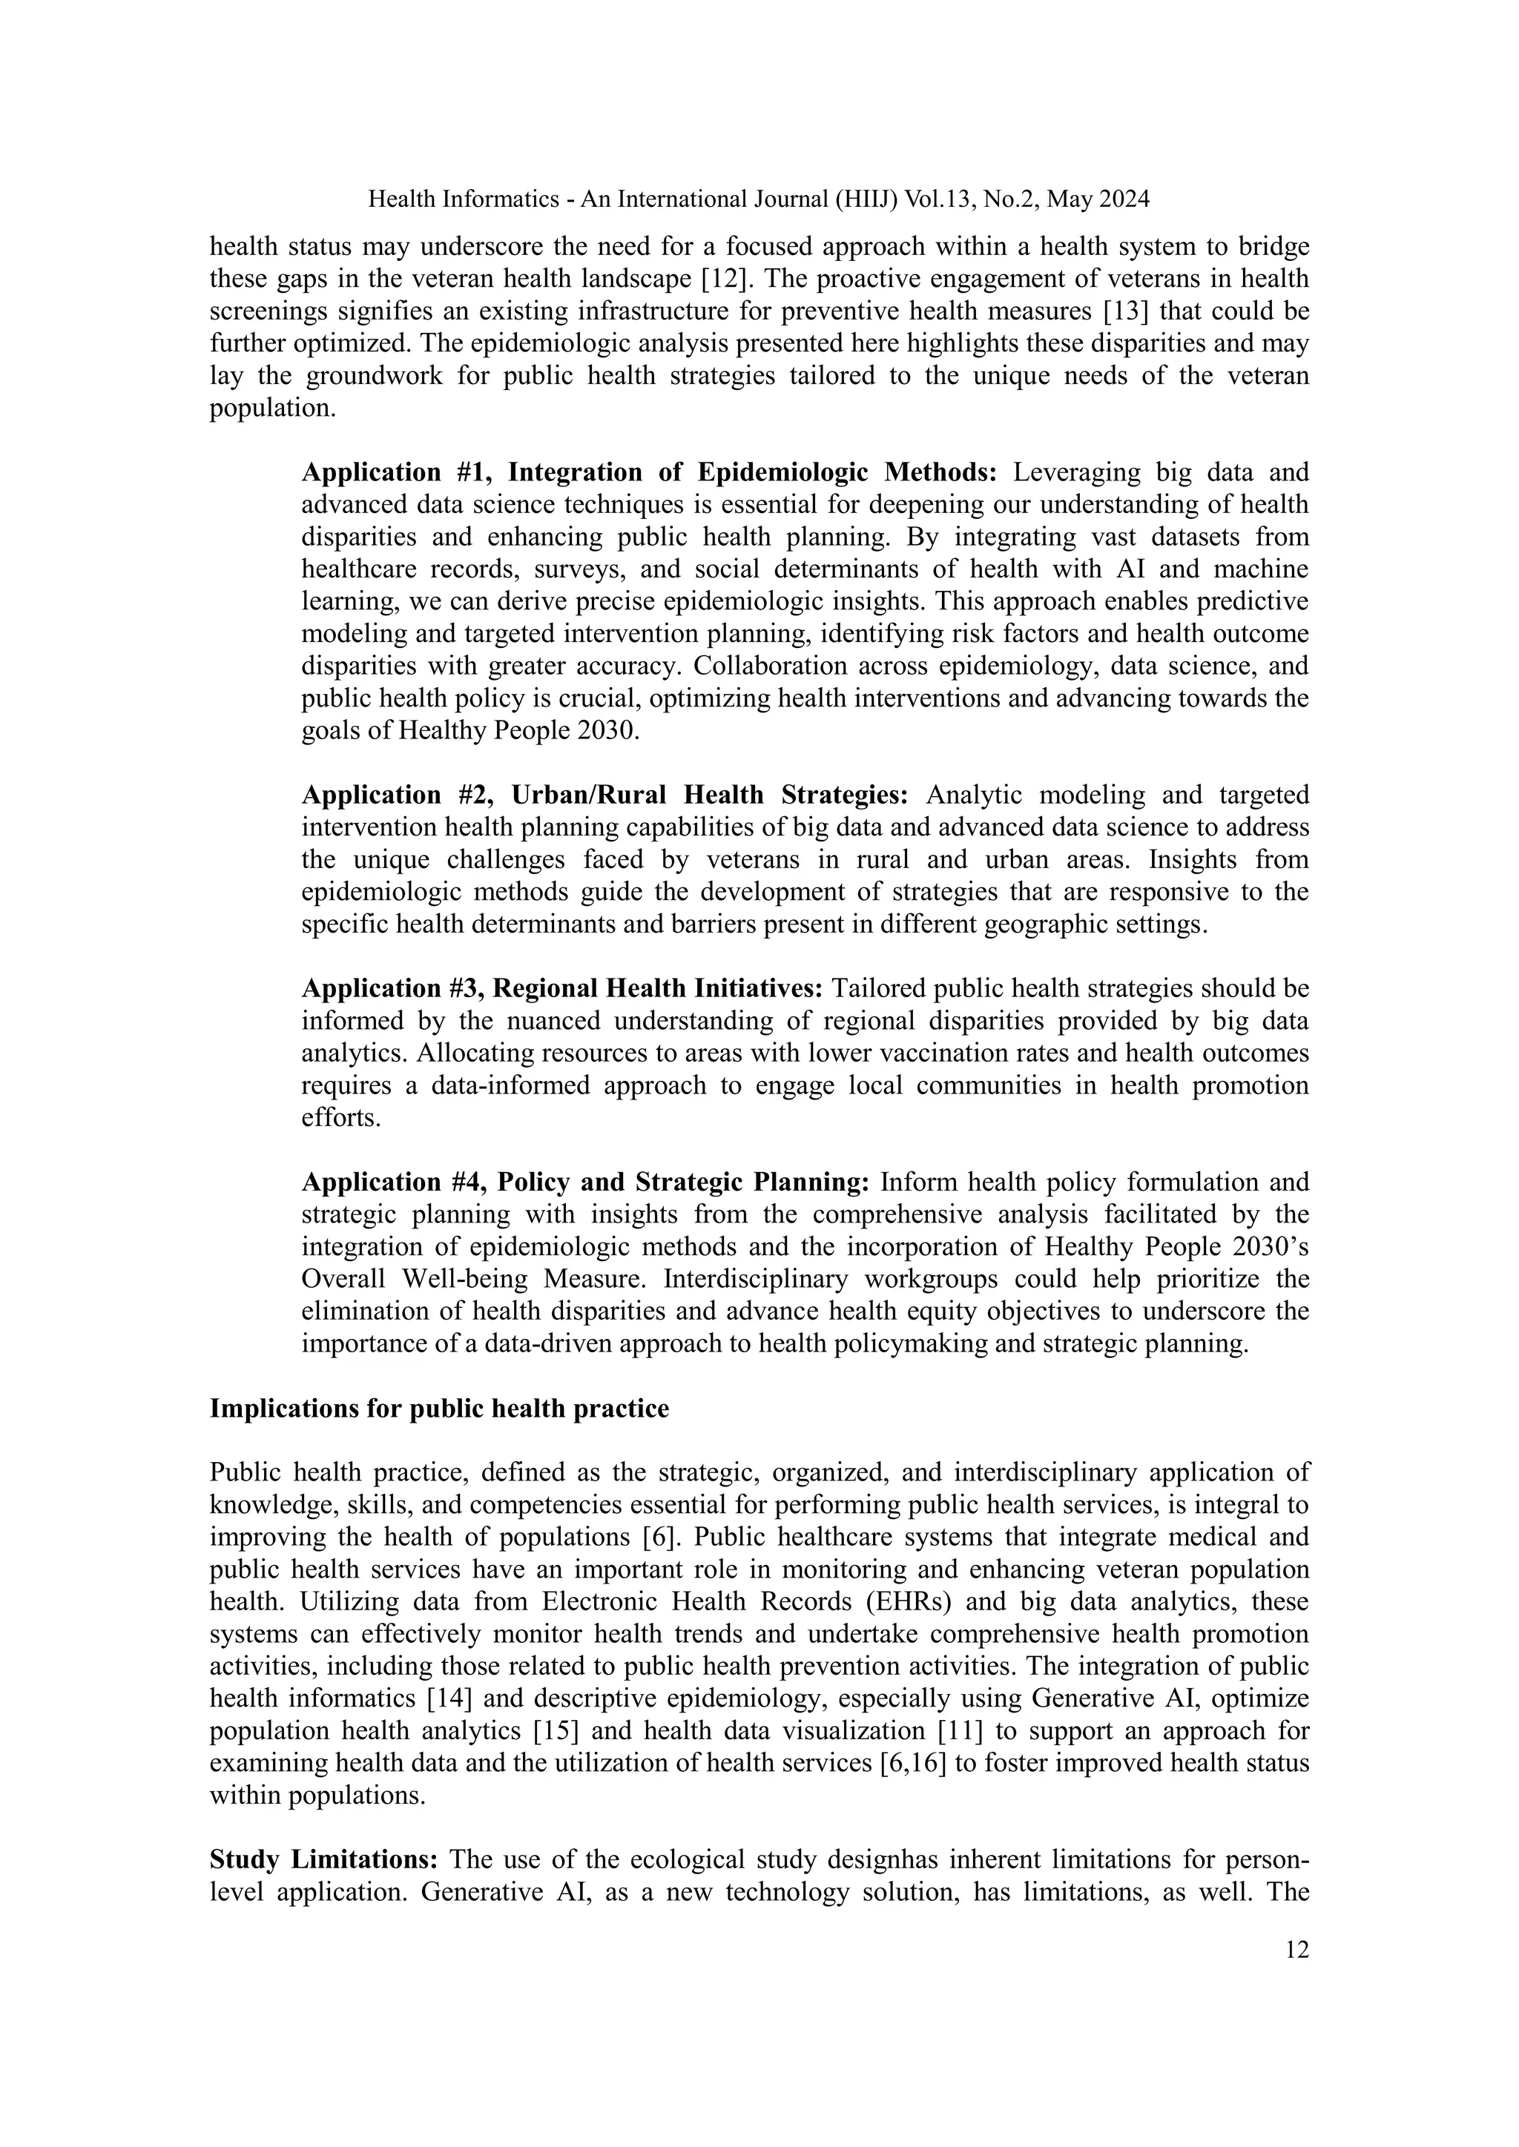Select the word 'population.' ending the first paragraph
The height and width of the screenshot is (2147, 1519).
click(272, 408)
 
